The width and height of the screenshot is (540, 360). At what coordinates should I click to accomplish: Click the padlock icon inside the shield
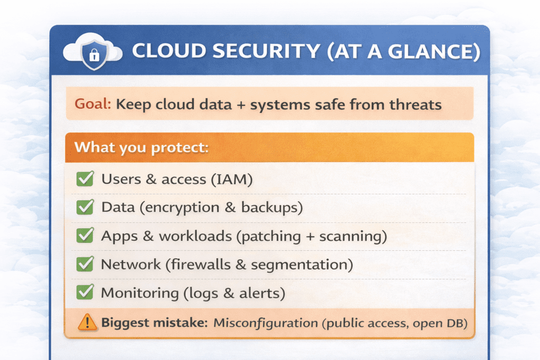coord(94,55)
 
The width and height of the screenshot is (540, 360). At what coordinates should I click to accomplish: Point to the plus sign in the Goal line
coord(241,105)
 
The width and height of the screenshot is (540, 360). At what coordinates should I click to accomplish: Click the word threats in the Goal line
coord(416,104)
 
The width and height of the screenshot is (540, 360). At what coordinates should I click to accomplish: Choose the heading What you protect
coord(141,147)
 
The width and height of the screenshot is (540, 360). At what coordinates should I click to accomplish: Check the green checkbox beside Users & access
coord(85,179)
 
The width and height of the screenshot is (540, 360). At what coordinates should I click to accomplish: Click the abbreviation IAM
coord(232,179)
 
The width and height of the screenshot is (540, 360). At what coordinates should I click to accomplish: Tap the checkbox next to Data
coord(85,207)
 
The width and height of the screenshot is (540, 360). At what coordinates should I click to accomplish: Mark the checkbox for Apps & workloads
coord(85,236)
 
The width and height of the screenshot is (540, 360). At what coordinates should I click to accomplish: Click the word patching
coord(271,237)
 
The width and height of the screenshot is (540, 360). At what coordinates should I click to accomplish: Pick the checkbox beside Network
coord(85,264)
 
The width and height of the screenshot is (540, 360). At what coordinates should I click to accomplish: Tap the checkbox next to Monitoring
coord(85,292)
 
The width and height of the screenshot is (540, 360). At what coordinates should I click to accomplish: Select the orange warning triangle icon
coord(87,323)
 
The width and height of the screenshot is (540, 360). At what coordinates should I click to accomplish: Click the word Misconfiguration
coord(266,323)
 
